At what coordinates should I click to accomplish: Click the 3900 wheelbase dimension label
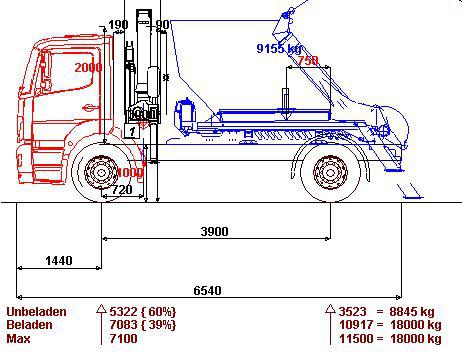(x=214, y=231)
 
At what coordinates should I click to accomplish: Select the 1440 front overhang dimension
(x=59, y=260)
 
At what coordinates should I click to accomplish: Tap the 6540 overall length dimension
(x=207, y=290)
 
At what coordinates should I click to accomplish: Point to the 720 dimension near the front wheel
(x=122, y=190)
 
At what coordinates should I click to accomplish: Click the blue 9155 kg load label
(x=279, y=49)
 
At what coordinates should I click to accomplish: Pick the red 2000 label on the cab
(x=88, y=68)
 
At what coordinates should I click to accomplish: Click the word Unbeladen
(x=36, y=312)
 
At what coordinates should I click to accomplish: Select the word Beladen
(x=29, y=325)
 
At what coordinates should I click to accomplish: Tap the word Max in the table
(x=18, y=339)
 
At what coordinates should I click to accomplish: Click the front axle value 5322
(x=123, y=312)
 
